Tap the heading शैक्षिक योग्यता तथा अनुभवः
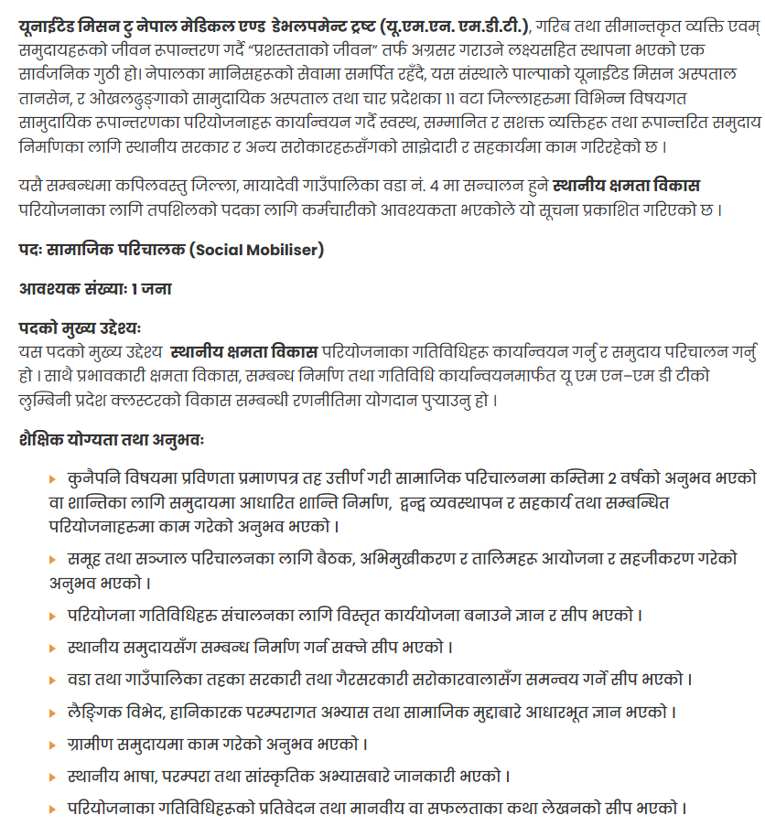(x=112, y=440)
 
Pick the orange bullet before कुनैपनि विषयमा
(x=52, y=479)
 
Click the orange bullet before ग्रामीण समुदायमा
(x=52, y=745)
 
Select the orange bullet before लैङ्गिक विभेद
(x=52, y=712)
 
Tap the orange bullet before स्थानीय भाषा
(x=52, y=777)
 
